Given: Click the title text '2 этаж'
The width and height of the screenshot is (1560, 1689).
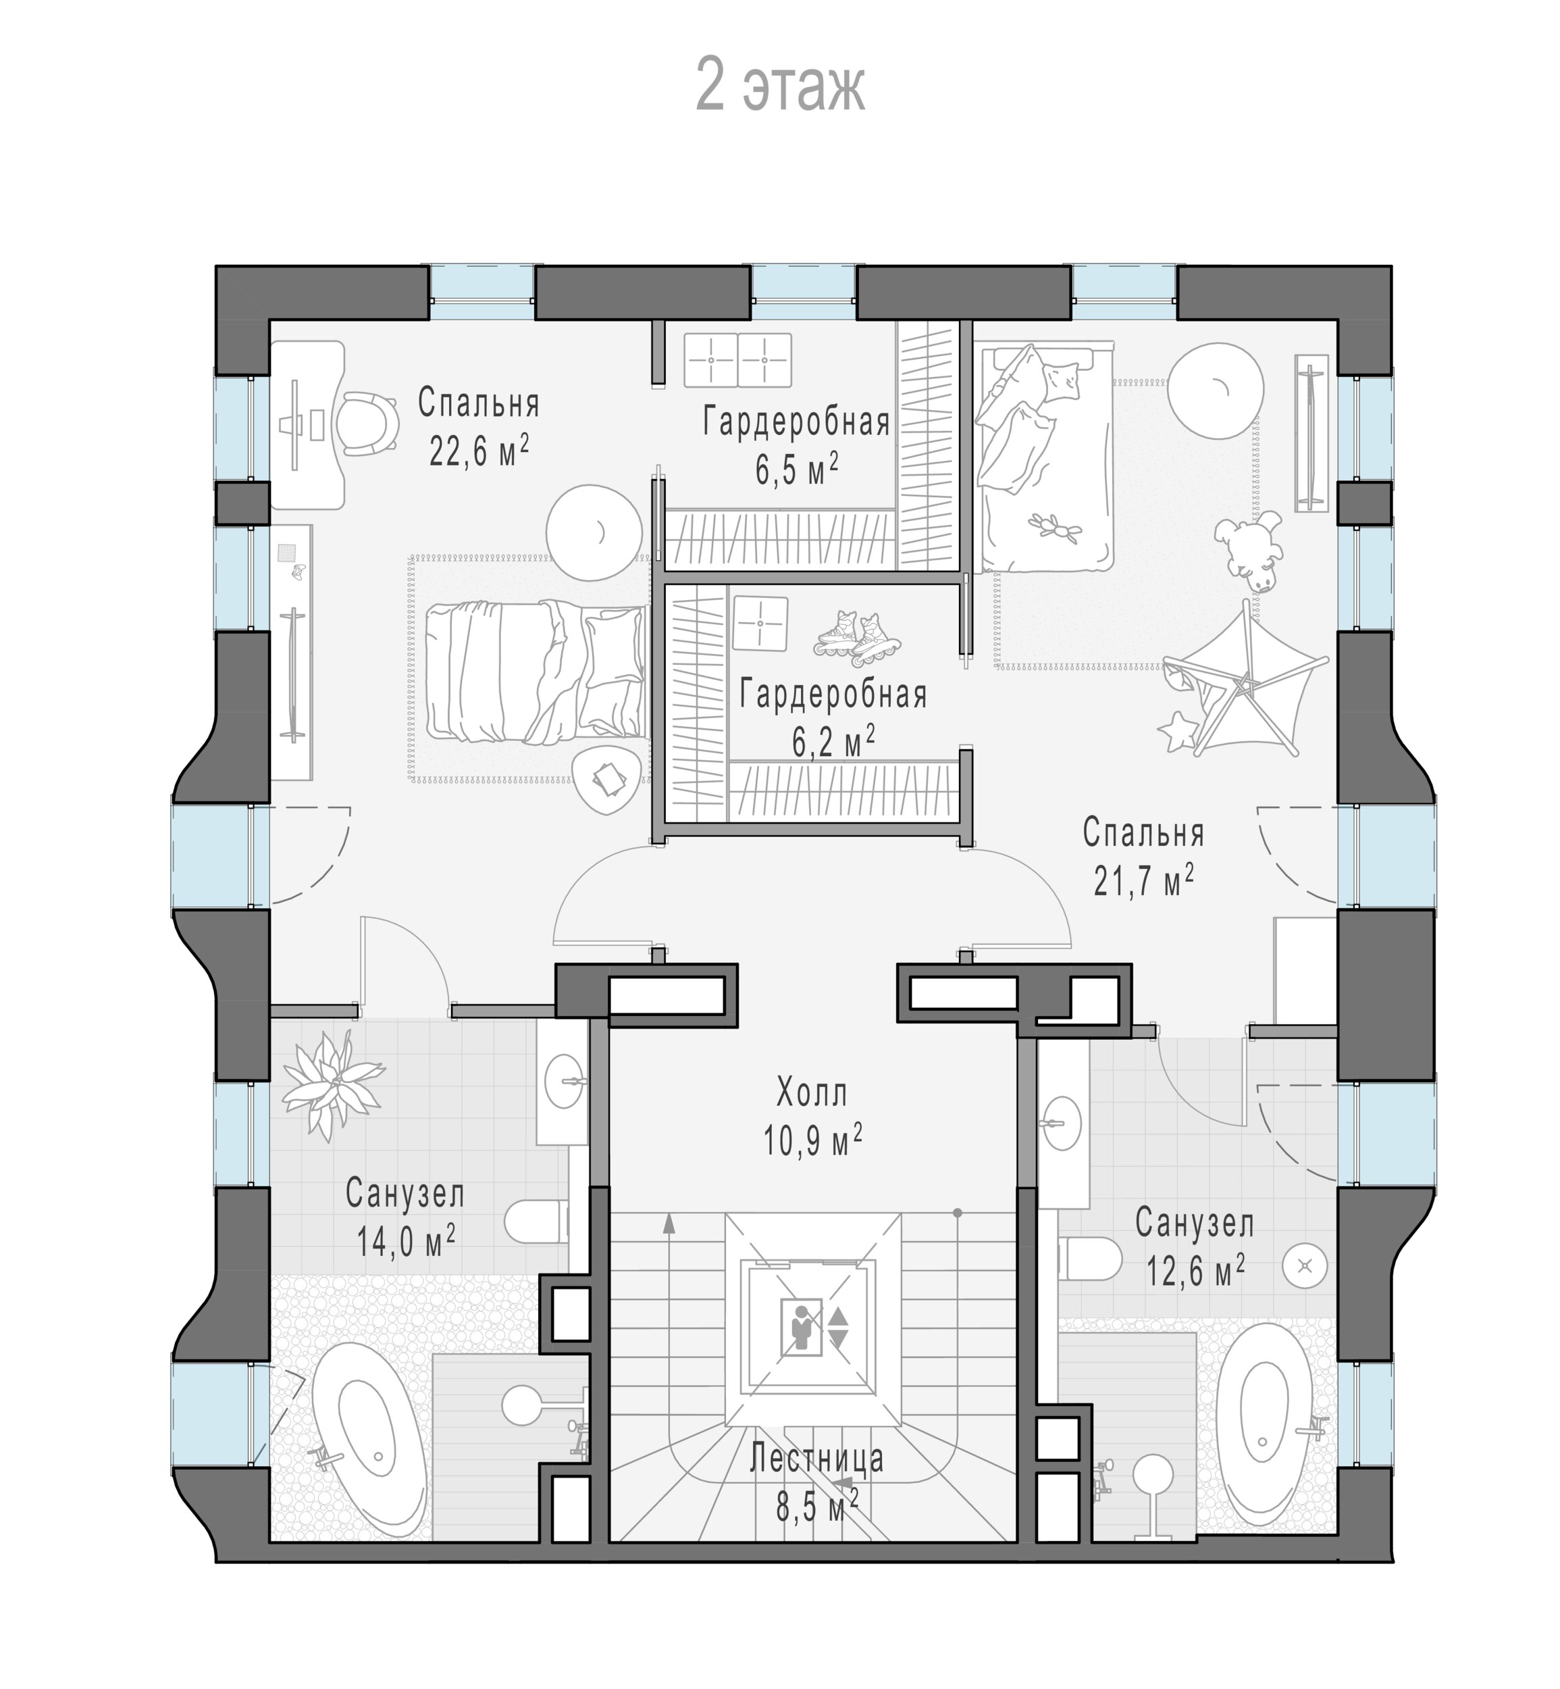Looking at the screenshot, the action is point(780,85).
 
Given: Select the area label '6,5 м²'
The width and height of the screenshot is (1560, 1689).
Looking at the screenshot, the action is point(796,469).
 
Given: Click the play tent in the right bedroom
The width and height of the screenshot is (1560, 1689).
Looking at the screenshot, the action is point(1239,682).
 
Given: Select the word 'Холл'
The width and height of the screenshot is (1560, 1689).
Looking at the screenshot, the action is point(811,1094).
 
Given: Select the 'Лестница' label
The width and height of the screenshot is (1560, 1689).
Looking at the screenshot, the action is point(816,1458).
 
